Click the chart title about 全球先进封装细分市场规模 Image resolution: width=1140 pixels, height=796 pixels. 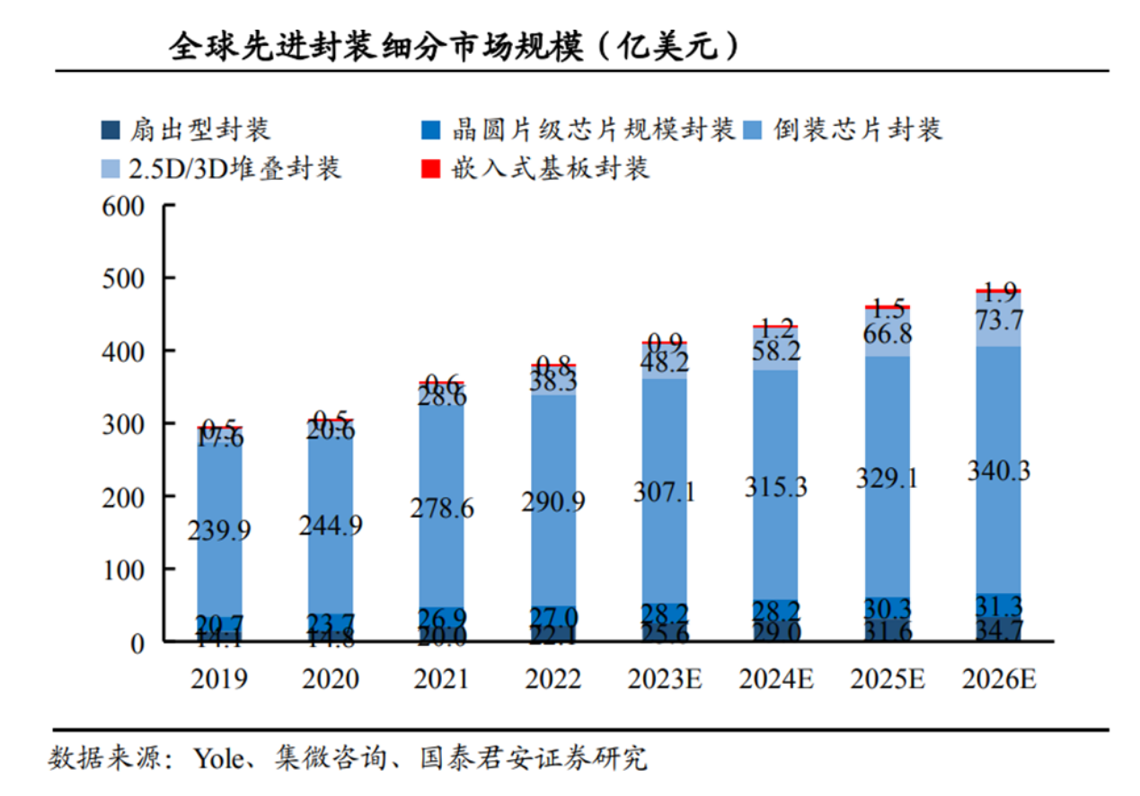click(454, 46)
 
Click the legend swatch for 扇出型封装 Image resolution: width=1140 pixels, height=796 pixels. click(110, 129)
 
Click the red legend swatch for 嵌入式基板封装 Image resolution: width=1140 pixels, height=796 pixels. click(430, 168)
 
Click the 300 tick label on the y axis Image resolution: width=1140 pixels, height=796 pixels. click(125, 424)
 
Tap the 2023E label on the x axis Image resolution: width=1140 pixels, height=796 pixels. click(665, 679)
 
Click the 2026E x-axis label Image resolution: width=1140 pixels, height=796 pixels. click(998, 679)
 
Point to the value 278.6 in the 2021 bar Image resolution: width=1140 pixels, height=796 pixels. click(441, 509)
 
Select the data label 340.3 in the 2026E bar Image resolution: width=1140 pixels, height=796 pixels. click(998, 470)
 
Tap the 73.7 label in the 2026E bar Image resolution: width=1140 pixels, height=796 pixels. click(998, 321)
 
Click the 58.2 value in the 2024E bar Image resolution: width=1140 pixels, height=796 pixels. click(775, 351)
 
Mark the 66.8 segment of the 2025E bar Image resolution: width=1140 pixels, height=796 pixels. click(888, 334)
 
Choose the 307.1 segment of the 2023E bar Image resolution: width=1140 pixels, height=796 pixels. click(664, 492)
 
